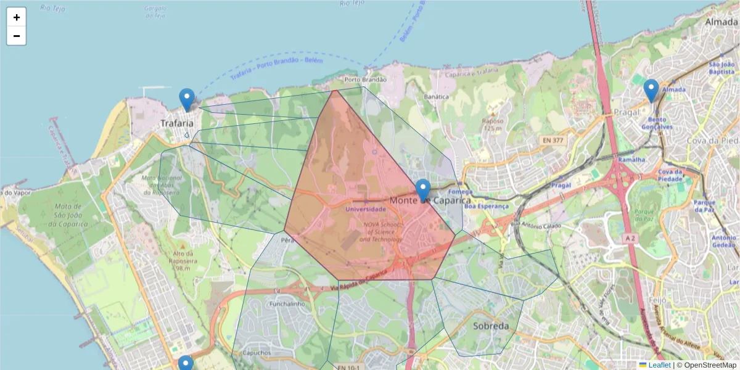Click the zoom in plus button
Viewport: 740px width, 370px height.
coord(17,17)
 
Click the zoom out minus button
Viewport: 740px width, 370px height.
coord(17,36)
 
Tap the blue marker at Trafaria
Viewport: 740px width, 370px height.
coord(187,99)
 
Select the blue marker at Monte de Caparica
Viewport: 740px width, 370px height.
coord(423,190)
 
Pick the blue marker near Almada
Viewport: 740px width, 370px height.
coord(651,91)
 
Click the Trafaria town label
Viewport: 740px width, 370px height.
coord(177,124)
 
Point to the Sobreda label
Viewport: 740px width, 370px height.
coord(491,326)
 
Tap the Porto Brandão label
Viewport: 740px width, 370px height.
coord(366,80)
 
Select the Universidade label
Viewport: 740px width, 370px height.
coord(366,209)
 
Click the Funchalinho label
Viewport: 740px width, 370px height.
coord(288,304)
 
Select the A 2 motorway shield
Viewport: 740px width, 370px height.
coord(629,238)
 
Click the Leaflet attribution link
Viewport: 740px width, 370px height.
coord(659,365)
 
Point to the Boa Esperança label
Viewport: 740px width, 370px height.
coord(487,207)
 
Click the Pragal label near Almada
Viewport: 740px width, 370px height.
coord(627,112)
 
